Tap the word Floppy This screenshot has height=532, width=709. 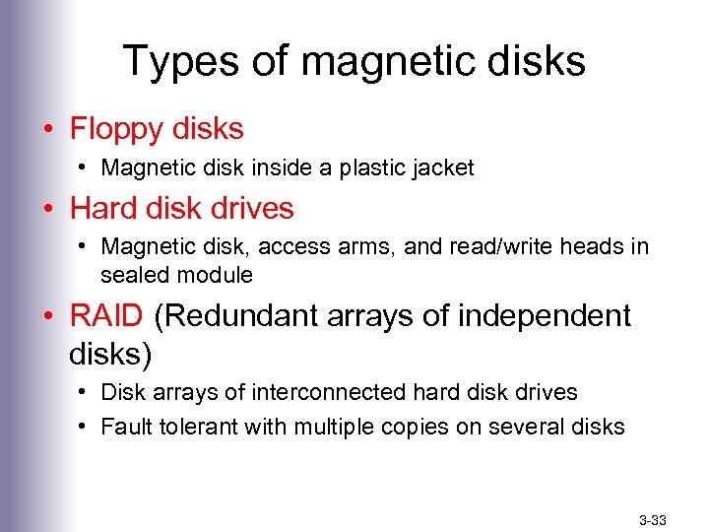tap(117, 129)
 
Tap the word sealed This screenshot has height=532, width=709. tap(133, 275)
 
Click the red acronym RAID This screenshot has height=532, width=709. tap(106, 316)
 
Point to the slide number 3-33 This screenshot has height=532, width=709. tap(653, 518)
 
